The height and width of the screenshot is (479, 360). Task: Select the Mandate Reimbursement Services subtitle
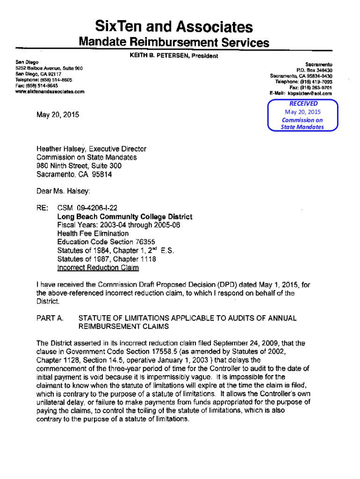[174, 43]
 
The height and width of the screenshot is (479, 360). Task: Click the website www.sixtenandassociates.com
[50, 92]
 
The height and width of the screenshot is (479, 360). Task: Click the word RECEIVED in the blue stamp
[303, 103]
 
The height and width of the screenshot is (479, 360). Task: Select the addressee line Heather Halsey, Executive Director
[91, 149]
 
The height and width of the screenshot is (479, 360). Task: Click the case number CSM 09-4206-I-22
[89, 208]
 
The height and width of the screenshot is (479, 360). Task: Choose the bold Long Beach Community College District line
[124, 217]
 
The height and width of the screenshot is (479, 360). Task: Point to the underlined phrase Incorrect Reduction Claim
[98, 268]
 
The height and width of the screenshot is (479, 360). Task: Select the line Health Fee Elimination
[93, 233]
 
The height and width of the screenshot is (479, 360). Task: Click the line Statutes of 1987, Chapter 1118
[106, 259]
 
